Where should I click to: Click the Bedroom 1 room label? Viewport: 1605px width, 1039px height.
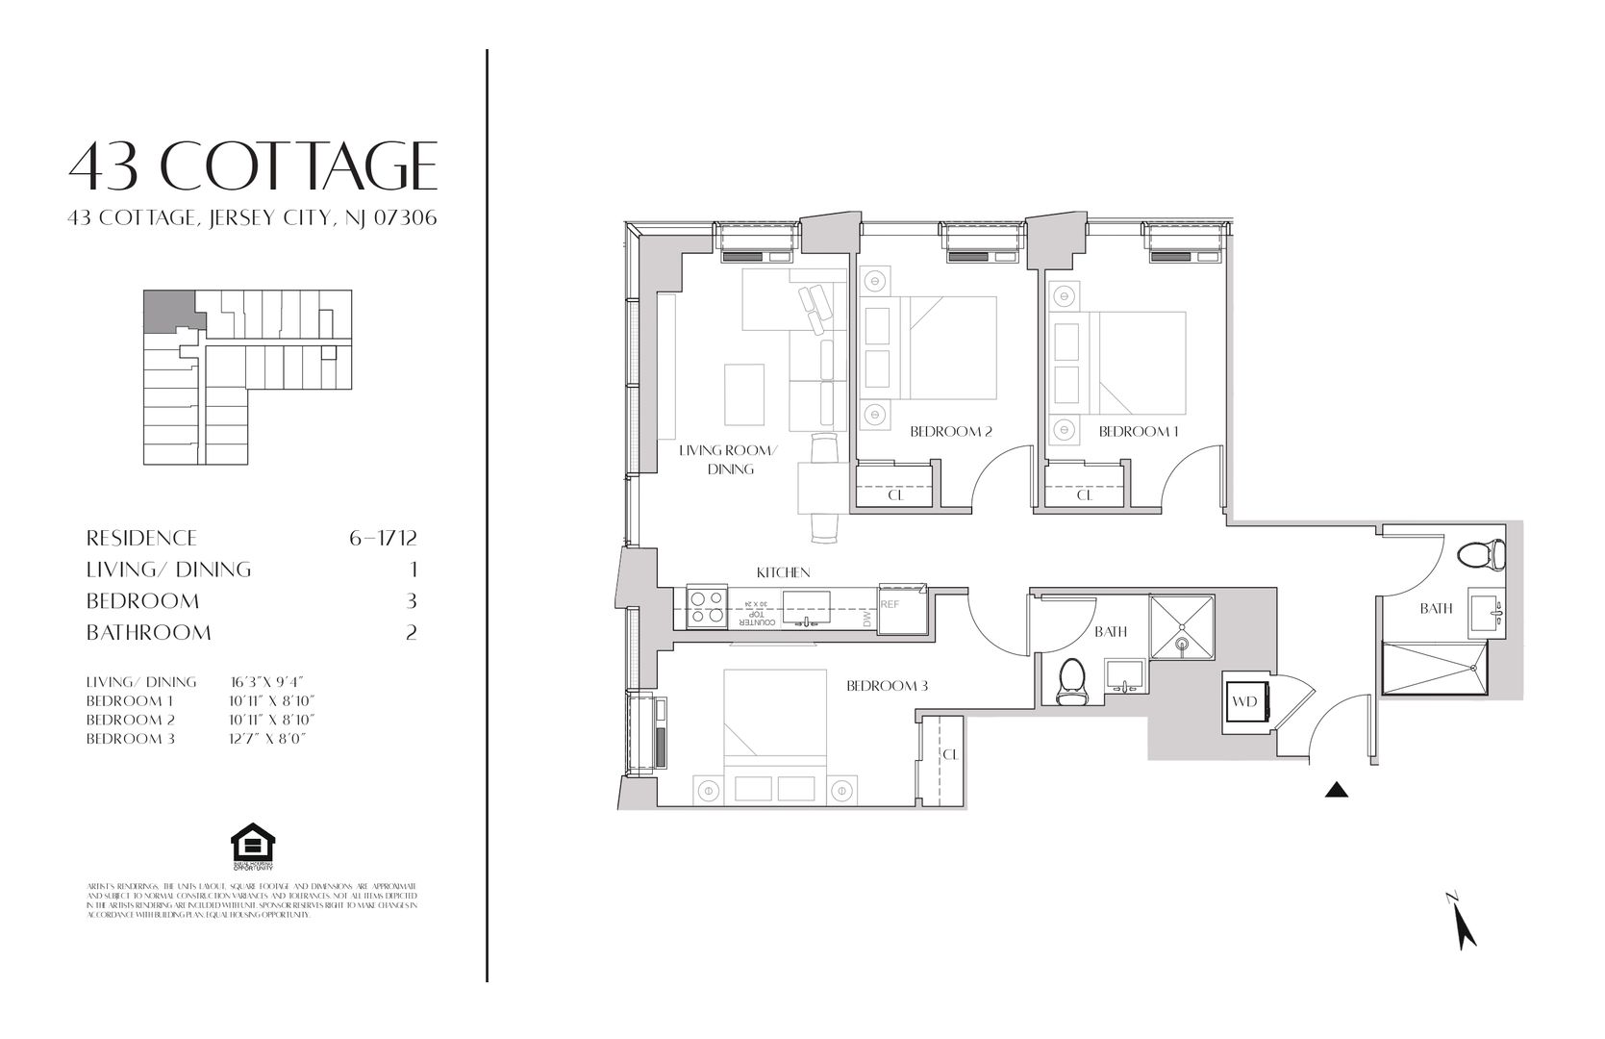pos(1139,432)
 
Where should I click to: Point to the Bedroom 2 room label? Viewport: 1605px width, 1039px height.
pos(950,432)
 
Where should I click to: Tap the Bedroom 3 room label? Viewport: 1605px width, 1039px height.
pos(887,686)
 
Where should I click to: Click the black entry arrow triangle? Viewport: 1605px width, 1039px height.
pos(1337,791)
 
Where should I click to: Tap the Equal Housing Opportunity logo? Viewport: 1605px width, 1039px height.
pos(253,847)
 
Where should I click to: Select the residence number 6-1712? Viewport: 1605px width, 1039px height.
pos(383,538)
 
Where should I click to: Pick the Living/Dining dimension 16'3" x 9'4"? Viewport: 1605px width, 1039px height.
pos(266,682)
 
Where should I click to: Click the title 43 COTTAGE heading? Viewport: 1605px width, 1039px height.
pos(253,165)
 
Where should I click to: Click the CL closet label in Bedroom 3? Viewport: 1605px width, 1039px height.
pos(950,755)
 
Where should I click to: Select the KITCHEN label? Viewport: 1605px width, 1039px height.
pos(783,572)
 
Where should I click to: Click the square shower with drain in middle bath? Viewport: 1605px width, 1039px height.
pos(1182,626)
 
